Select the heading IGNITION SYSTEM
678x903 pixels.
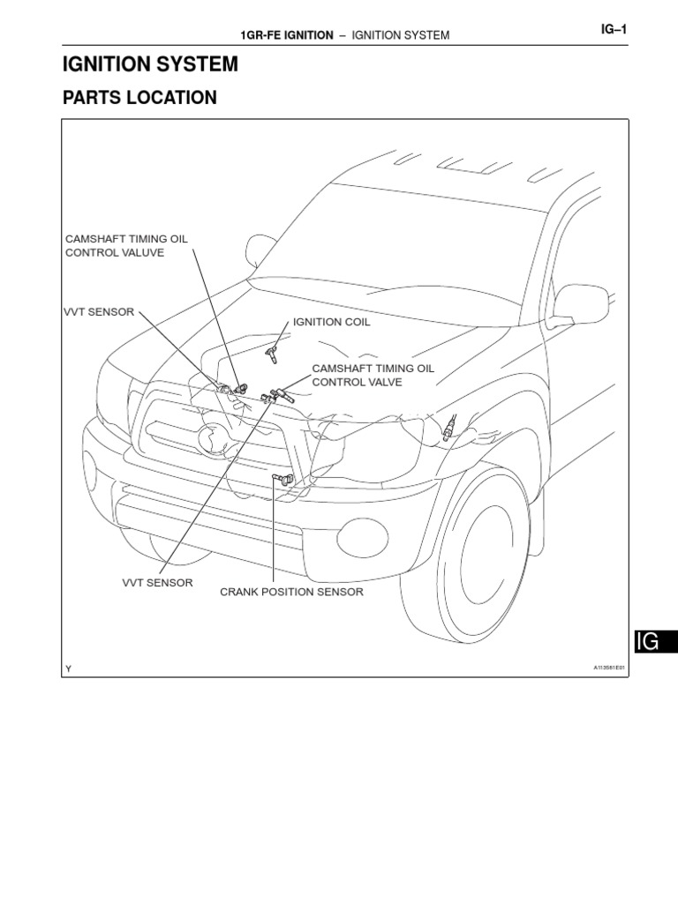(x=150, y=63)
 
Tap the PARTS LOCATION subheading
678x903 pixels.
(x=139, y=98)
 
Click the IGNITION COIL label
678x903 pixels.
(x=331, y=323)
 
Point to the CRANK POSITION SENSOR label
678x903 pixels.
(x=291, y=592)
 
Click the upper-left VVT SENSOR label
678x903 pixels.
(x=98, y=312)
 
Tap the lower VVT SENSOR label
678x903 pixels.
(x=157, y=583)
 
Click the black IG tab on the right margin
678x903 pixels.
(x=654, y=641)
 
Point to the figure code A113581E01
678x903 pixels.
(x=608, y=668)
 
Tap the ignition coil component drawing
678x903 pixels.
(x=273, y=355)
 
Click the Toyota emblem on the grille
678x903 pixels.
(x=213, y=437)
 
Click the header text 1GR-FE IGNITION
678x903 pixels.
(x=287, y=35)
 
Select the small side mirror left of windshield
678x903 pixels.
(x=262, y=249)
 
